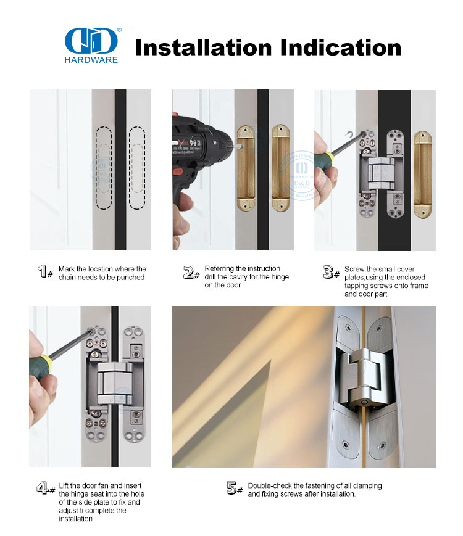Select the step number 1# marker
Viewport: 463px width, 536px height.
[45, 273]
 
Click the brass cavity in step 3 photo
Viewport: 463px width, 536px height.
[422, 175]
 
